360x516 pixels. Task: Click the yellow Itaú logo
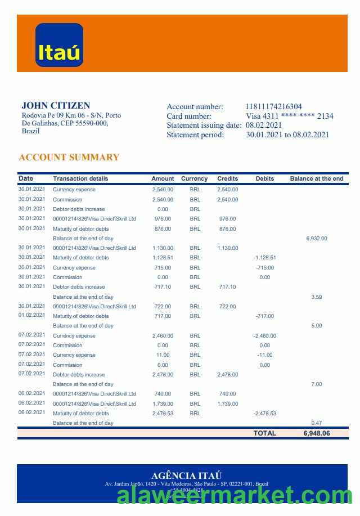click(59, 45)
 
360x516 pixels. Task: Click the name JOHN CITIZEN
click(56, 105)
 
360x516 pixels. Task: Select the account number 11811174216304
click(273, 106)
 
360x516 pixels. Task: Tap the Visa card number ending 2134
click(290, 116)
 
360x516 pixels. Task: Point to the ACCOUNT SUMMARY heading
click(69, 157)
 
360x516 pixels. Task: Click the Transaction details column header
click(80, 178)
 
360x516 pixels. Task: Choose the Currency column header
click(194, 178)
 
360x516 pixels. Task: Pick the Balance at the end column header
click(316, 178)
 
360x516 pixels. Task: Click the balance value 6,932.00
click(316, 239)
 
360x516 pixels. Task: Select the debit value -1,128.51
click(264, 258)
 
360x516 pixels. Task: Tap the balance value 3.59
click(316, 297)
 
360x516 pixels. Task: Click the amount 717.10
click(163, 287)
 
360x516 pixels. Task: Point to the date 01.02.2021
click(31, 316)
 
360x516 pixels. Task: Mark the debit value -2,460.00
click(264, 336)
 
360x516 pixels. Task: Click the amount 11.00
click(163, 355)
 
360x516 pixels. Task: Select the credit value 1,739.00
click(227, 404)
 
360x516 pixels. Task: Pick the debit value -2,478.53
click(264, 414)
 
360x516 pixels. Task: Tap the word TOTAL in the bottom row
click(264, 433)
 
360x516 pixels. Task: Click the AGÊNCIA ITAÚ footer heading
click(186, 475)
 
